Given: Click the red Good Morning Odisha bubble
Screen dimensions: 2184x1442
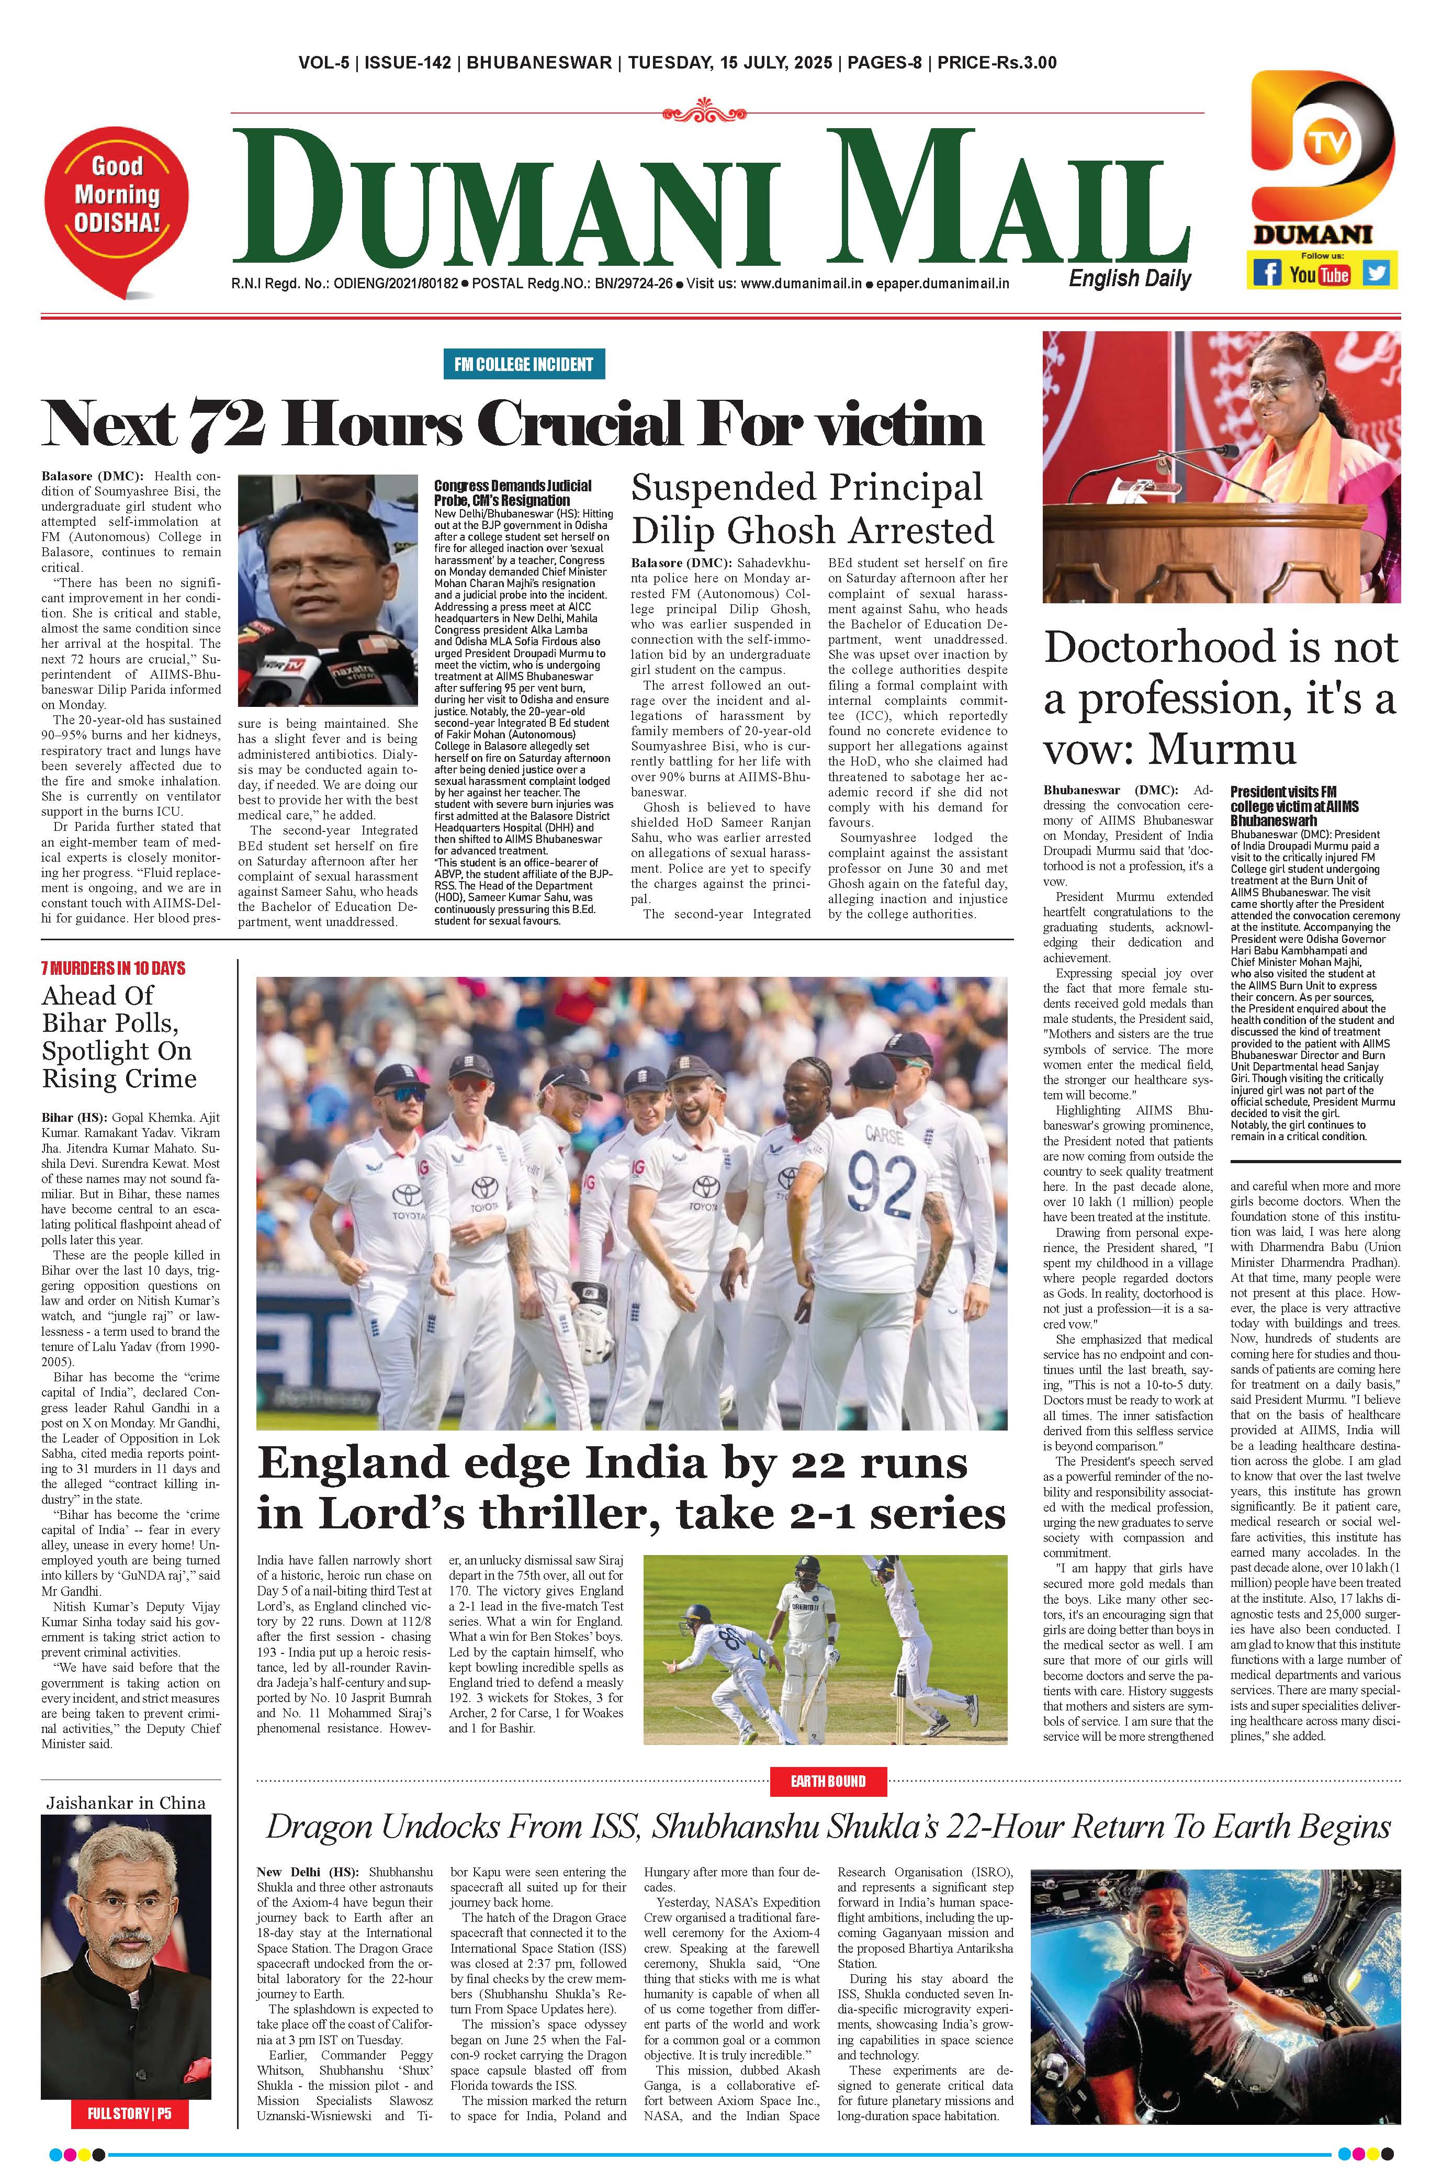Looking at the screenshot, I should pyautogui.click(x=117, y=197).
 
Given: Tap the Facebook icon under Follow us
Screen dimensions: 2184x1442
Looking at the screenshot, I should pyautogui.click(x=1266, y=273).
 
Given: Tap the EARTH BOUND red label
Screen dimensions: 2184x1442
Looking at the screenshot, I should pyautogui.click(x=828, y=1781).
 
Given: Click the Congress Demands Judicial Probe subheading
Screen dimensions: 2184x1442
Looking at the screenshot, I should pyautogui.click(x=512, y=492).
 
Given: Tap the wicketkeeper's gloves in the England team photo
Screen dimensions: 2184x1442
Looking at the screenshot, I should pyautogui.click(x=593, y=1304).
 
